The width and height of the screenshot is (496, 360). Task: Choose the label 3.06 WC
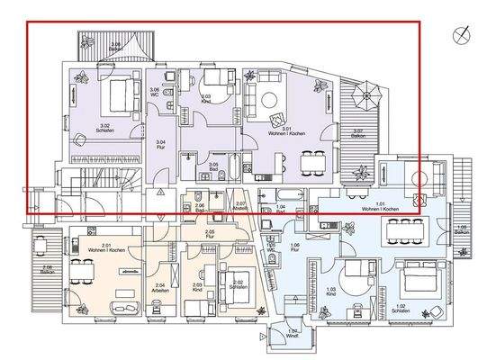click(154, 91)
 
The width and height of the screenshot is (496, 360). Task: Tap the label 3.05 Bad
click(213, 166)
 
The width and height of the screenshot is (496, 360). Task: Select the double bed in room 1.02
click(417, 274)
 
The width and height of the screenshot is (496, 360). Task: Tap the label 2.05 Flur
click(209, 233)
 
